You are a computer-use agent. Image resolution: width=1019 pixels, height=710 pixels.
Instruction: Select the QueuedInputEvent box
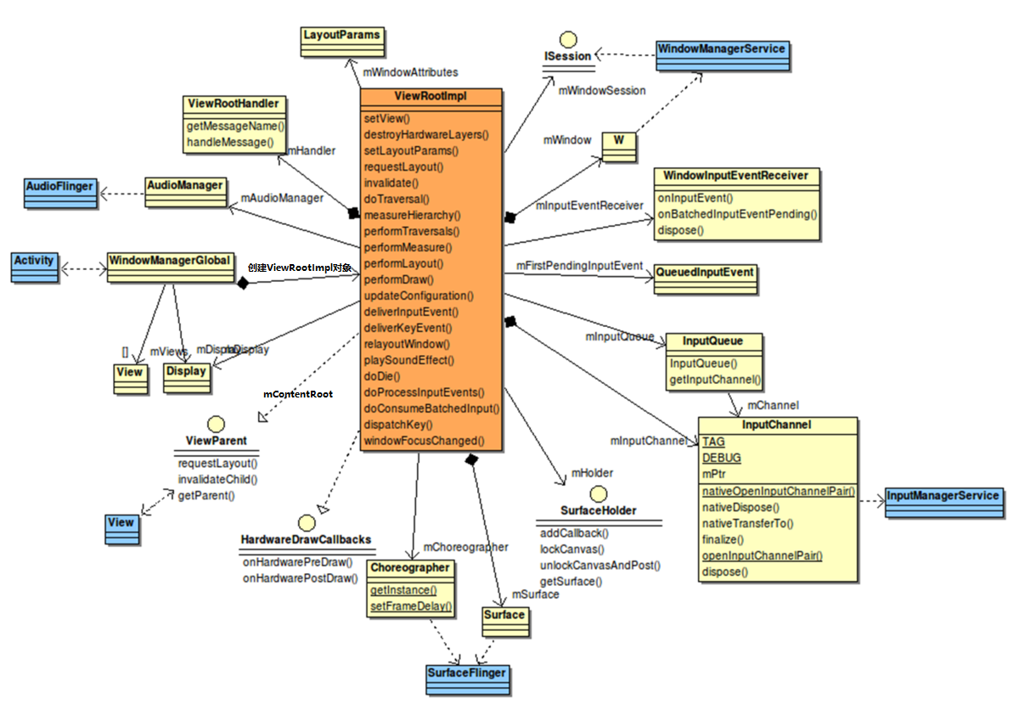704,276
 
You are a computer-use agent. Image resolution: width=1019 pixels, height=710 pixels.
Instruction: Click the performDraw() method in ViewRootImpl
399,279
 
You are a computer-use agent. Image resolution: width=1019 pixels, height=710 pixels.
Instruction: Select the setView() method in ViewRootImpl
386,118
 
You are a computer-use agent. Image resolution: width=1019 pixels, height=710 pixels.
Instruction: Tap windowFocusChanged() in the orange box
424,441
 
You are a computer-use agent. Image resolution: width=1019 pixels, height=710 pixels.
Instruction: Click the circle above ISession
568,39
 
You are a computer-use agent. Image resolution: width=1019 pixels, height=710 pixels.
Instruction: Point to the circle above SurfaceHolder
598,493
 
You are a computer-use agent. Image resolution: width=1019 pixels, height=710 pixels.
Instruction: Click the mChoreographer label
465,547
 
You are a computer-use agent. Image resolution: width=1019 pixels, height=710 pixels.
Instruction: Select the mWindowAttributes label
410,72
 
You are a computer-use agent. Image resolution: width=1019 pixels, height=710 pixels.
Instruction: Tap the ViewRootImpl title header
431,98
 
